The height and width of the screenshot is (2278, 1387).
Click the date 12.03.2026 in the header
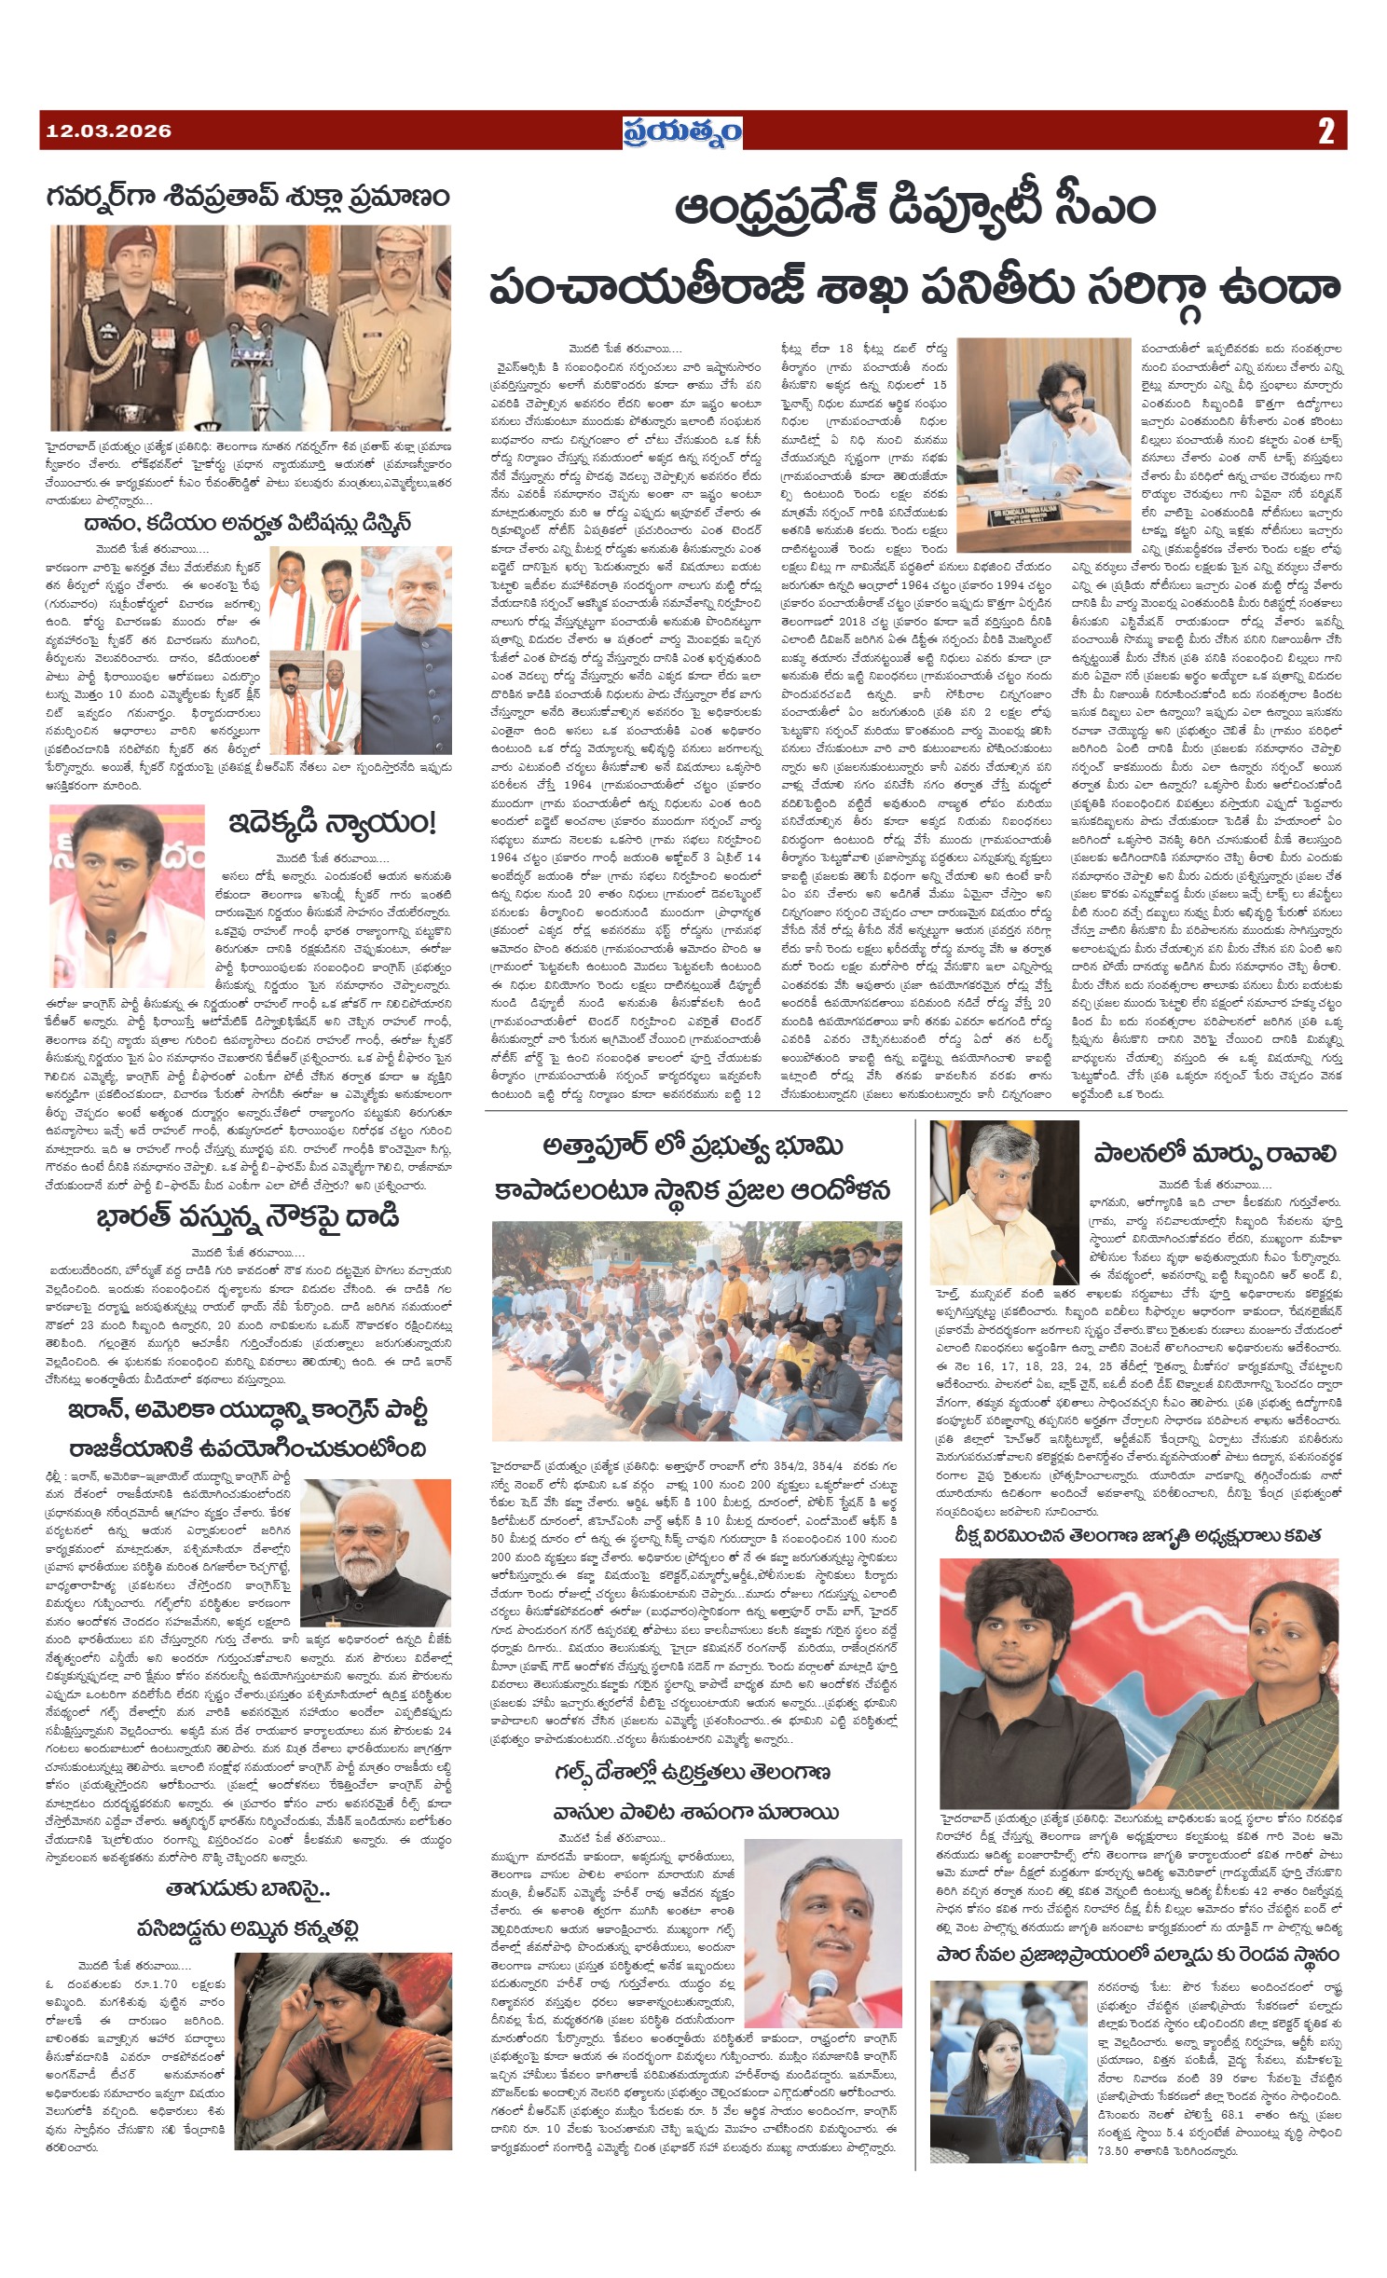tap(109, 131)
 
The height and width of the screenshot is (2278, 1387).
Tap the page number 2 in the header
tap(1325, 131)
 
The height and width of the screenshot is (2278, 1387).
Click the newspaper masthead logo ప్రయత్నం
tap(683, 131)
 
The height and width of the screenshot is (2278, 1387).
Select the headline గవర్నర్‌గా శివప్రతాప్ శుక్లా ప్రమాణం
tap(249, 197)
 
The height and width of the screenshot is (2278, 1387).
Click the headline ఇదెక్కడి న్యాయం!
tap(332, 823)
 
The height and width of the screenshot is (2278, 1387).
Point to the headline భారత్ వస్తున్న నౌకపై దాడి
tap(248, 1217)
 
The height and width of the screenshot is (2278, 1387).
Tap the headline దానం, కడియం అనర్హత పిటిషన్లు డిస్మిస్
tap(247, 522)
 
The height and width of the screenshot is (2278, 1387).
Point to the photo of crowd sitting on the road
tap(696, 1331)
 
